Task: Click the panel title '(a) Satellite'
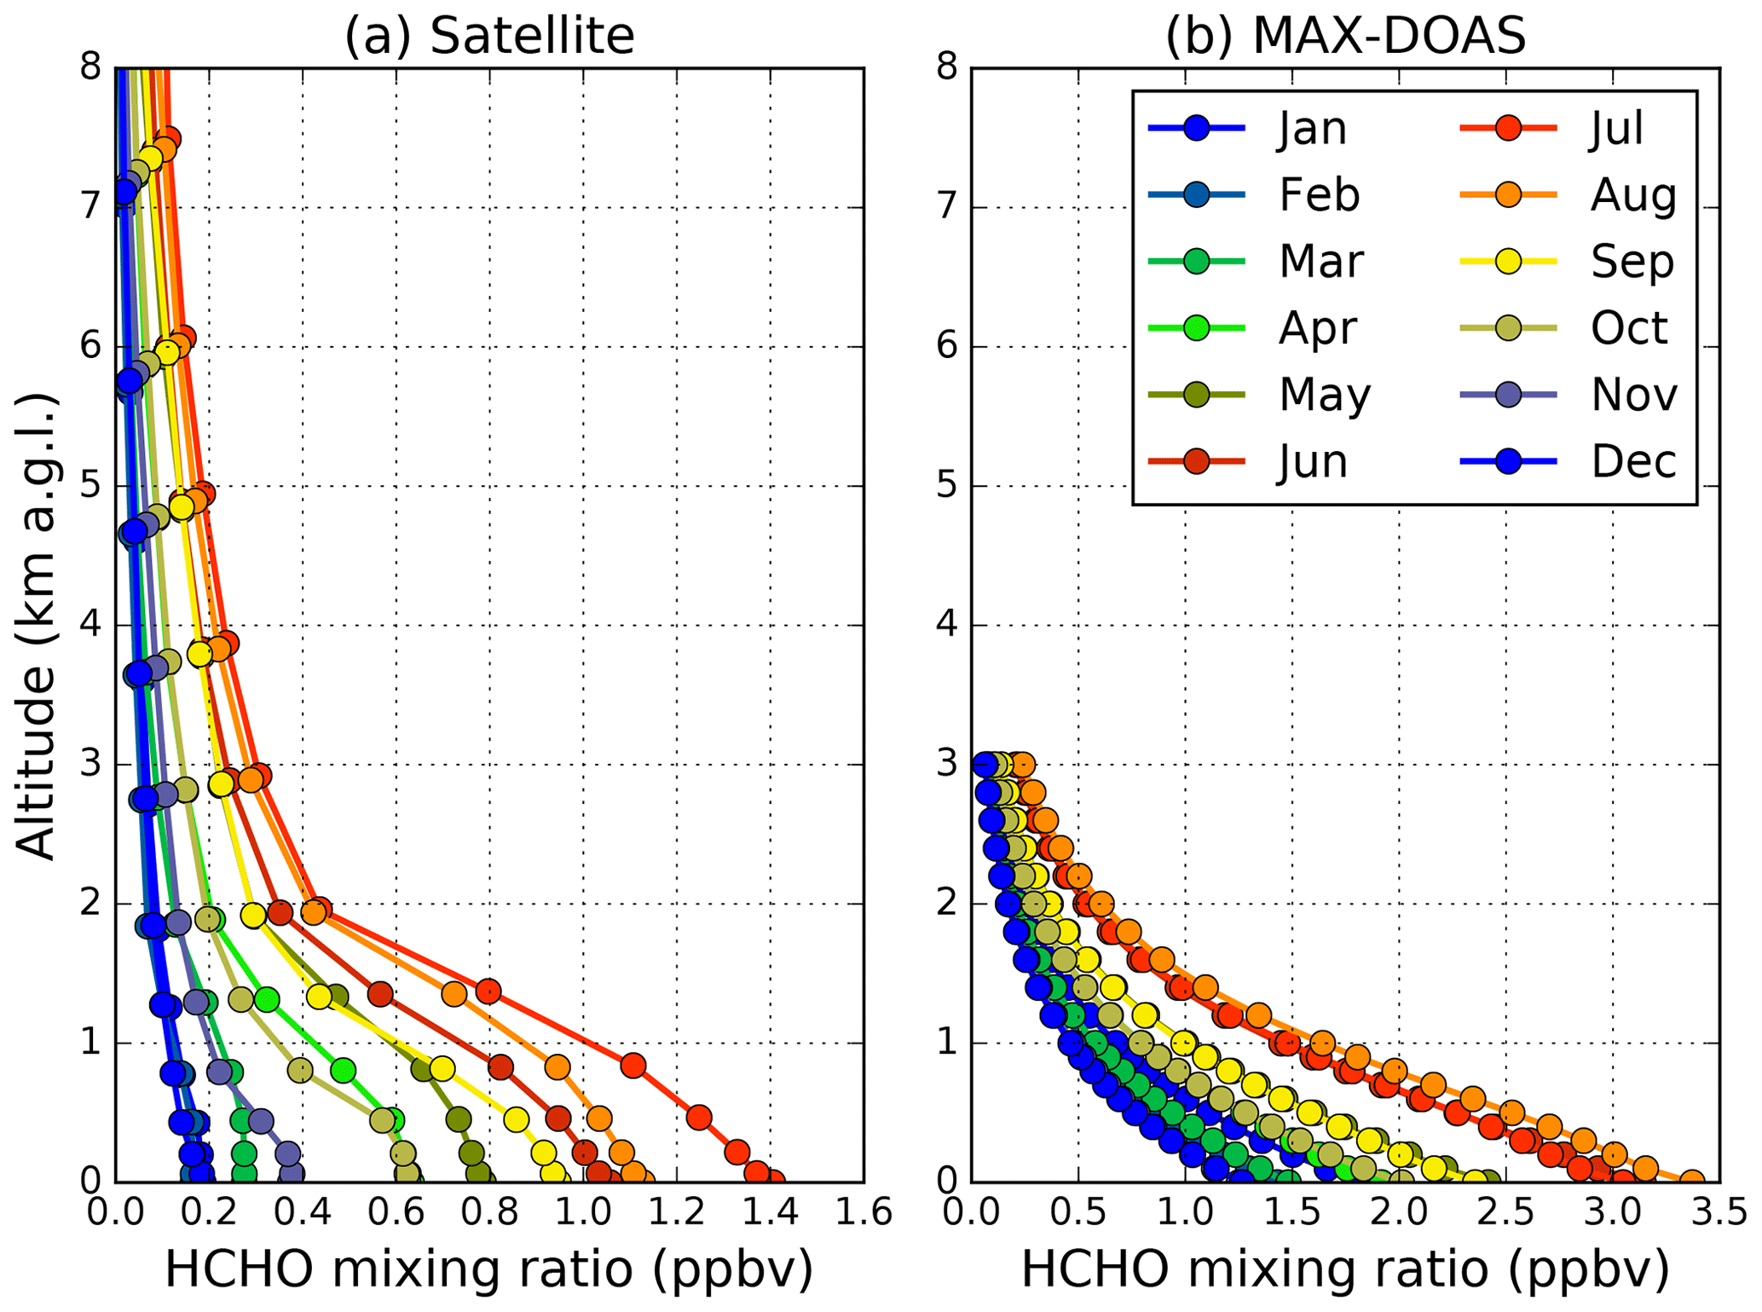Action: tap(489, 36)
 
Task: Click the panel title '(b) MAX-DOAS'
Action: tap(1345, 36)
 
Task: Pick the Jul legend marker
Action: tap(1509, 128)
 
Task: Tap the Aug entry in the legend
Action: tap(1632, 195)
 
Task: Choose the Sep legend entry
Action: tap(1632, 262)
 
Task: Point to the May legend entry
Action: tap(1324, 395)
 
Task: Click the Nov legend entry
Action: tap(1633, 395)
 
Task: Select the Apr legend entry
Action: tap(1317, 328)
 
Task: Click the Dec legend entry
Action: tap(1633, 461)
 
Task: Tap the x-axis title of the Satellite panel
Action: tap(489, 1269)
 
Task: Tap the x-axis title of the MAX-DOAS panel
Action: tap(1345, 1269)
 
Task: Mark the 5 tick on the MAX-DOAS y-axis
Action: tap(948, 486)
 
